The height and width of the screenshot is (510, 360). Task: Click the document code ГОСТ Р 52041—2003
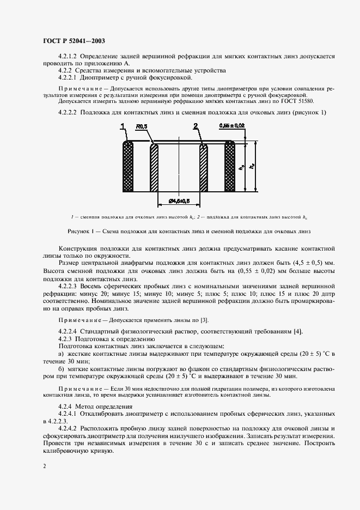coord(74,41)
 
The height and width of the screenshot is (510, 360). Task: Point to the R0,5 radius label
coord(142,126)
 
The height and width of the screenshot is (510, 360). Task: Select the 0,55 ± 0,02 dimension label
coord(232,126)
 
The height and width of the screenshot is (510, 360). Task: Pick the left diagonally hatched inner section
coord(154,168)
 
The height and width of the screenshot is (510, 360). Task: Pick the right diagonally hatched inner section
coord(204,168)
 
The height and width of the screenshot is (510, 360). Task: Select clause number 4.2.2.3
coord(68,285)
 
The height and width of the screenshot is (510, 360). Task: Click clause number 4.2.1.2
coord(68,57)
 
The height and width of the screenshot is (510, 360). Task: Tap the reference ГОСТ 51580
coord(298,102)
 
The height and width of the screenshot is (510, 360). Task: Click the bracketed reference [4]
coord(297,332)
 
